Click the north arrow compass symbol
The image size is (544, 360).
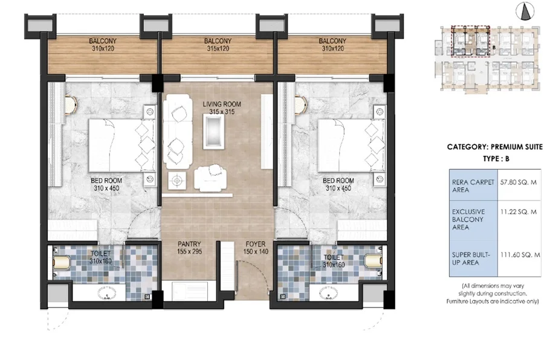click(525, 11)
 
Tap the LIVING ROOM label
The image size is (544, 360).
click(222, 104)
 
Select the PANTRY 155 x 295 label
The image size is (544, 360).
click(189, 248)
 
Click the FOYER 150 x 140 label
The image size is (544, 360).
click(256, 248)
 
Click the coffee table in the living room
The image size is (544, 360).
click(213, 132)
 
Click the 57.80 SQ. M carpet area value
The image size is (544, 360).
click(519, 182)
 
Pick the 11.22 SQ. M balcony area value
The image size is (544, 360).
click(519, 211)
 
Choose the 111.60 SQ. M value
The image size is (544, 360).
click(520, 254)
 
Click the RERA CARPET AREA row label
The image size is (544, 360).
click(473, 186)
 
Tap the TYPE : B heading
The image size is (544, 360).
click(496, 159)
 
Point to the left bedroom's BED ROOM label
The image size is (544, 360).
click(106, 181)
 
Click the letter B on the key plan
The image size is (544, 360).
click(494, 47)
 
